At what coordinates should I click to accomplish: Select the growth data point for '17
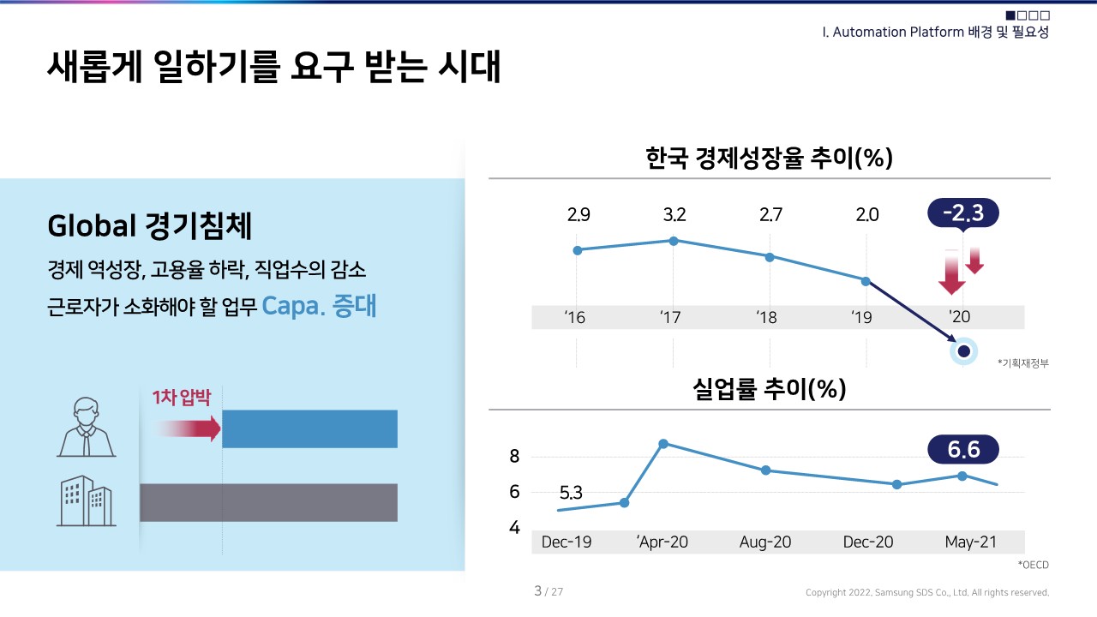674,241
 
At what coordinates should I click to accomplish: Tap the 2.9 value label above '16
578,215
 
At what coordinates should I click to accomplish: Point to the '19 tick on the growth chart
861,318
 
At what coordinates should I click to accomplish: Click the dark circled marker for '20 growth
963,351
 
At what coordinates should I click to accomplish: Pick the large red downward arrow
951,273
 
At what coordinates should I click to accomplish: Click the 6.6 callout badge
963,449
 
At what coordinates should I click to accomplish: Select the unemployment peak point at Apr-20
663,444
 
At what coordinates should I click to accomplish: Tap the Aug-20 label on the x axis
765,542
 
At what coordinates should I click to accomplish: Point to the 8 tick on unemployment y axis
514,457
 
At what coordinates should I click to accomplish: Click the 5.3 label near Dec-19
571,493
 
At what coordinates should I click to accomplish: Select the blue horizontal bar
309,428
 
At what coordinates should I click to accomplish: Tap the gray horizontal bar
268,502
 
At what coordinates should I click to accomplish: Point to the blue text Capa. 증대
319,307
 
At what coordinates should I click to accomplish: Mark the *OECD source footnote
1033,565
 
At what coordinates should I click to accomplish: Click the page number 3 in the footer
537,591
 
